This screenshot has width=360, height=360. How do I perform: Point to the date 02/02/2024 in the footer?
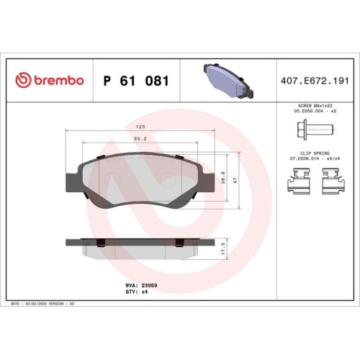click(37, 305)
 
